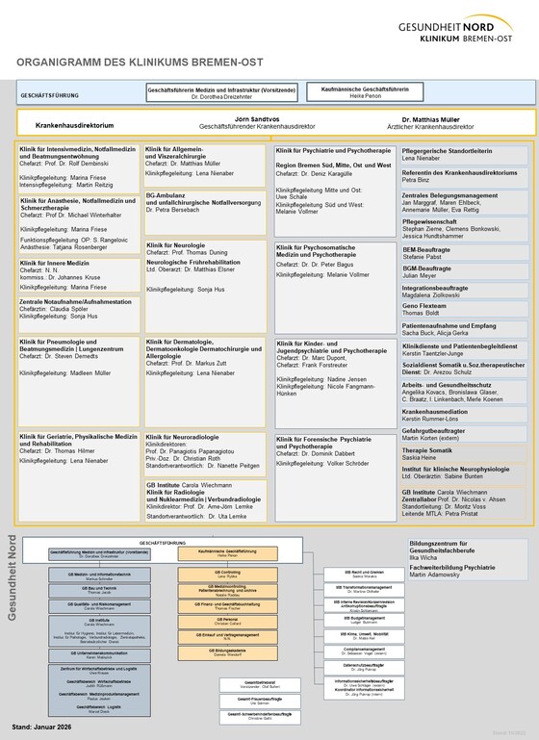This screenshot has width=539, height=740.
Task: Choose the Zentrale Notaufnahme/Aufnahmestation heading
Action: coord(75,302)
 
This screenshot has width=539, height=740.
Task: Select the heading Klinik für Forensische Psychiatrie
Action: coord(333,439)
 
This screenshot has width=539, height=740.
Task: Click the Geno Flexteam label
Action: coord(425,304)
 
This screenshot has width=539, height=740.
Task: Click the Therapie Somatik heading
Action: coord(427,422)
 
